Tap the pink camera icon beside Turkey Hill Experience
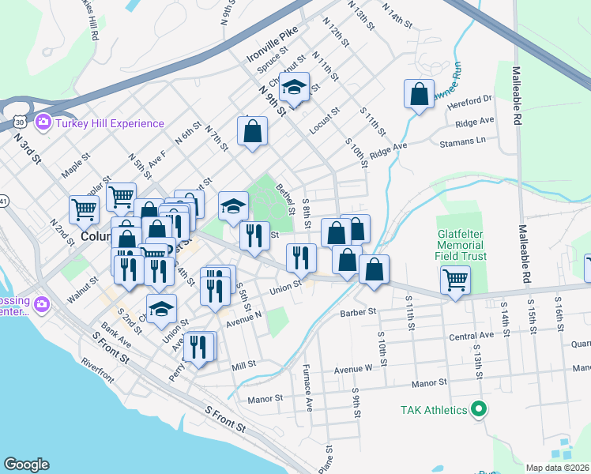pyautogui.click(x=43, y=122)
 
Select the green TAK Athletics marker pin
pyautogui.click(x=477, y=409)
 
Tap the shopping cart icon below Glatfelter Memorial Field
pyautogui.click(x=456, y=280)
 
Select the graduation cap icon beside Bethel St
pyautogui.click(x=233, y=206)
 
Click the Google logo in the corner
pyautogui.click(x=26, y=464)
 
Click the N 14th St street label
pyautogui.click(x=397, y=15)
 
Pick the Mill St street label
pyautogui.click(x=243, y=364)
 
